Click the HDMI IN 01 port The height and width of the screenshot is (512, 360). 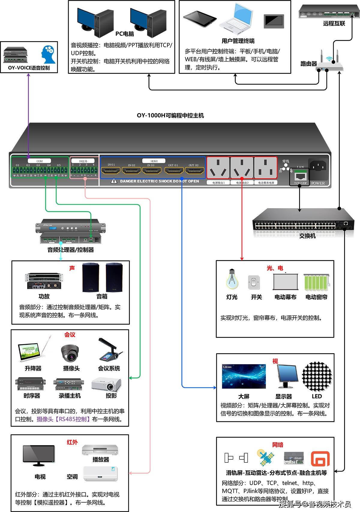pos(111,171)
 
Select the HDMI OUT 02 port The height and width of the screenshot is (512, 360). pos(194,171)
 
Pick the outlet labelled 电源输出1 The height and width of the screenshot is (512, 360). pos(218,168)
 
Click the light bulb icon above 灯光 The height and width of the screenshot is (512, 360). pos(232,279)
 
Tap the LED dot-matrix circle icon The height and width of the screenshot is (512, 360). pos(317,377)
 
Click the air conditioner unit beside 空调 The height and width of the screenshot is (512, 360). pos(100,474)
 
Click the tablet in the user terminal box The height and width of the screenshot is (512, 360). pos(200,19)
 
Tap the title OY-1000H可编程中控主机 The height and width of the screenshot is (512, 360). pos(170,116)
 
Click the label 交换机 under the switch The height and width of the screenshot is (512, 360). pos(307,236)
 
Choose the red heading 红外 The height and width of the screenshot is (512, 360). pos(72,442)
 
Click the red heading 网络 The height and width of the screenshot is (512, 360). pos(277,445)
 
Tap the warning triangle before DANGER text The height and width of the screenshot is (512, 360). pos(114,181)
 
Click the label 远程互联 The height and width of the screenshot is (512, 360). pos(334,23)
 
